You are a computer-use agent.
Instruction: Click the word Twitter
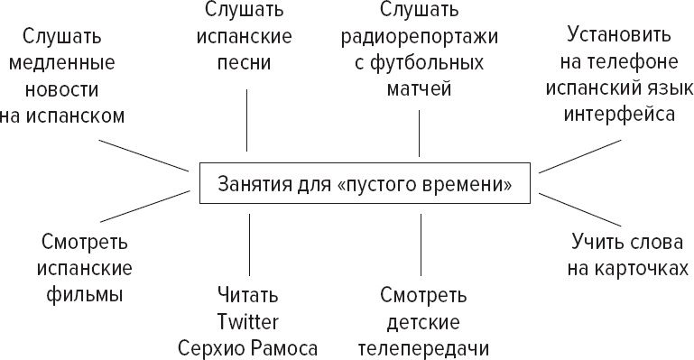pyautogui.click(x=247, y=322)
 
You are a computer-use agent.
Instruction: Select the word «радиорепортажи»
pyautogui.click(x=420, y=40)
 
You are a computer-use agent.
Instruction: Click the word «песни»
pyautogui.click(x=247, y=65)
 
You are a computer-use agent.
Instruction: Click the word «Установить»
pyautogui.click(x=619, y=38)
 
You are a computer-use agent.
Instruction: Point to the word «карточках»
pyautogui.click(x=643, y=269)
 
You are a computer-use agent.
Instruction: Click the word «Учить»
pyautogui.click(x=597, y=243)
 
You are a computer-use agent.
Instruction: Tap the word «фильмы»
pyautogui.click(x=86, y=295)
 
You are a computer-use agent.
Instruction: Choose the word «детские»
pyautogui.click(x=423, y=322)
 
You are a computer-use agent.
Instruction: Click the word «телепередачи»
pyautogui.click(x=423, y=348)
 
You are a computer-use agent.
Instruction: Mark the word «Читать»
pyautogui.click(x=247, y=296)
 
